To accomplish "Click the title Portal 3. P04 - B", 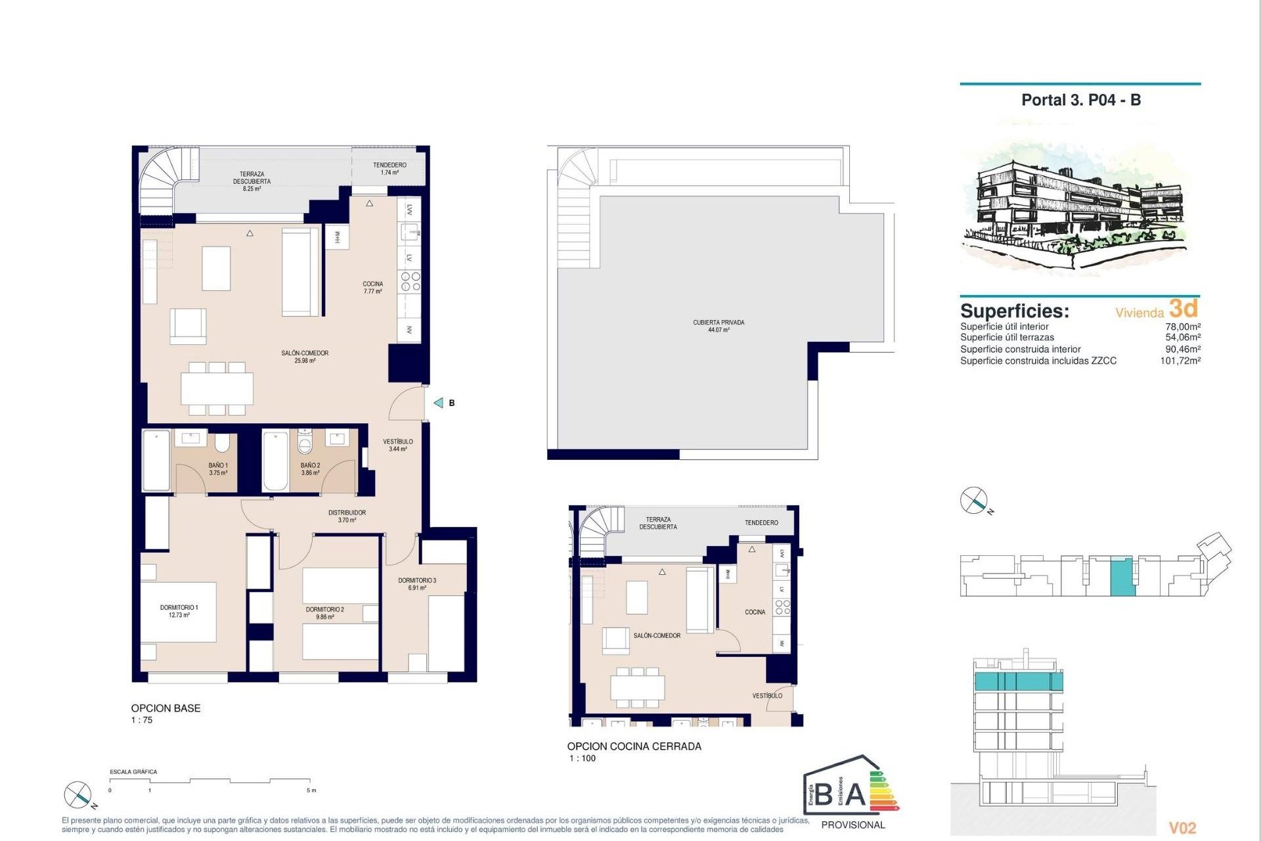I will coord(1080,100).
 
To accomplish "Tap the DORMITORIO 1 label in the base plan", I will coord(179,611).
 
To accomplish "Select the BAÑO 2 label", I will coord(310,468).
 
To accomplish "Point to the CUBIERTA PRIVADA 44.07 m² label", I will coord(719,326).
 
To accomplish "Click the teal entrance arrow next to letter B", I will coord(439,403).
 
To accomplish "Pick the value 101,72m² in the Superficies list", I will coord(1180,361).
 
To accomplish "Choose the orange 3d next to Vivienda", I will coord(1184,308).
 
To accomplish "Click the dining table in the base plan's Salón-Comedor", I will coord(217,388).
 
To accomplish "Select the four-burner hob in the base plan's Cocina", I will coord(410,282).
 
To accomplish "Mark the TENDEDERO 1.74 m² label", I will coord(389,169).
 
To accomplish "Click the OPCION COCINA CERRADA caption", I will coord(634,746).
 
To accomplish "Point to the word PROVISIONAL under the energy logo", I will coord(852,825).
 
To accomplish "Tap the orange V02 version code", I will coord(1182,828).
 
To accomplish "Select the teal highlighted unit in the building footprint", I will coord(1122,577).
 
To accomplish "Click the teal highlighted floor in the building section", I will coord(1017,681).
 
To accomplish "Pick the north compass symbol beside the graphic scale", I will coord(78,795).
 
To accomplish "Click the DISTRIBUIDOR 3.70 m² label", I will coord(347,516).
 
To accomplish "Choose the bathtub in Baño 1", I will coord(156,461).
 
